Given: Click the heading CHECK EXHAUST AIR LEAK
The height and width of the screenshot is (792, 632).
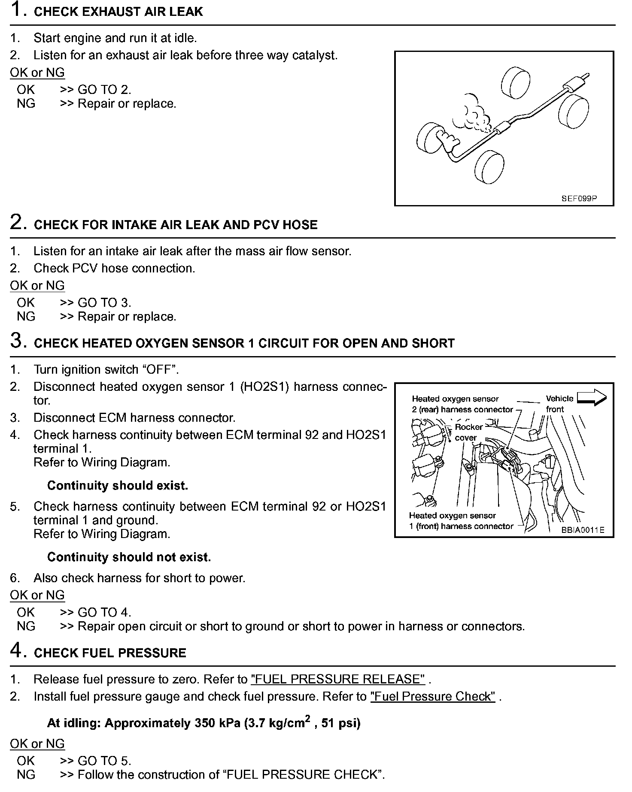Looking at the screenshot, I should [118, 12].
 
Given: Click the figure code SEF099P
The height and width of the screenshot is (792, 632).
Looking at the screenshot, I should [579, 199].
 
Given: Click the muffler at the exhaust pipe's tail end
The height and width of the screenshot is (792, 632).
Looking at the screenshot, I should [571, 84].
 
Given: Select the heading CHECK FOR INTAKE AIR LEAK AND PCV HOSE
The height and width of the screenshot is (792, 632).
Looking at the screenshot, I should [176, 225].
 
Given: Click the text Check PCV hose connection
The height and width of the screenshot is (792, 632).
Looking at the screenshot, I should [114, 268].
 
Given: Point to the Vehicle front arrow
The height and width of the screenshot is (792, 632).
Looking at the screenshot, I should [592, 398].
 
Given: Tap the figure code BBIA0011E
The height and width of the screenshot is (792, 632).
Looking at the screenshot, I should [583, 530].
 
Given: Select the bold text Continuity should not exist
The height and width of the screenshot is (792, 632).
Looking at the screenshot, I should [129, 557].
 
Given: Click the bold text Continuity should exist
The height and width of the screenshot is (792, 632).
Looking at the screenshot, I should [117, 485].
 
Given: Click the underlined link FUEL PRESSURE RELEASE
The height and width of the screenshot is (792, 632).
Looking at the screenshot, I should [338, 679].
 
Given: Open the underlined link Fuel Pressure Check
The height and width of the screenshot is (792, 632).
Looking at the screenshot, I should [433, 696].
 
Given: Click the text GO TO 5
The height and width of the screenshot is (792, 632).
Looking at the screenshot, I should [104, 761].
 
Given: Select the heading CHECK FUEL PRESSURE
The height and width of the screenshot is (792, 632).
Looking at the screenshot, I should [110, 653].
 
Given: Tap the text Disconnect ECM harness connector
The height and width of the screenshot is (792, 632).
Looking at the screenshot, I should [134, 417].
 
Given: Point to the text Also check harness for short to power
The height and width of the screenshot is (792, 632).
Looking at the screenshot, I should [139, 578].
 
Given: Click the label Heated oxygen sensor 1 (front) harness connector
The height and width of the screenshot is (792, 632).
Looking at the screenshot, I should [461, 521].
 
